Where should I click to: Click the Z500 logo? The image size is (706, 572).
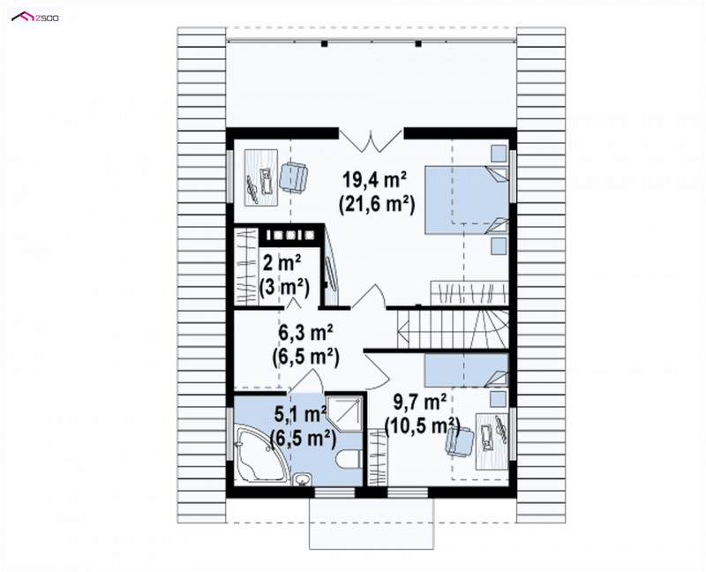35,17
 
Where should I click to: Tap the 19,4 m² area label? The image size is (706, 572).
375,180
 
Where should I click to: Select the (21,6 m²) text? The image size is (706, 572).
376,205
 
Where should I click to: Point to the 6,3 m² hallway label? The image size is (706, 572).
305,334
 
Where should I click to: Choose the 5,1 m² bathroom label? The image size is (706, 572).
301,414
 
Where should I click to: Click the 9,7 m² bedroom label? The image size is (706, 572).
420,403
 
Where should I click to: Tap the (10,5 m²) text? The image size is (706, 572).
422,426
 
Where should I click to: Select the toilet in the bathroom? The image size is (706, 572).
348,459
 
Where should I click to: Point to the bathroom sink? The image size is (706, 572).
302,479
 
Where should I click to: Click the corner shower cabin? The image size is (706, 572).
344,414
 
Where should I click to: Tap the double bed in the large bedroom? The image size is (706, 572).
467,199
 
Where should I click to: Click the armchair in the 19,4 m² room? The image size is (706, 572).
294,177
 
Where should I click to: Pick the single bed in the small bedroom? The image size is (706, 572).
467,371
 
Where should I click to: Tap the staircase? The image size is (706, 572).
453,327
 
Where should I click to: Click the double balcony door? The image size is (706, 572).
371,139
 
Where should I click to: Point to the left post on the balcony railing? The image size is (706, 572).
324,43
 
